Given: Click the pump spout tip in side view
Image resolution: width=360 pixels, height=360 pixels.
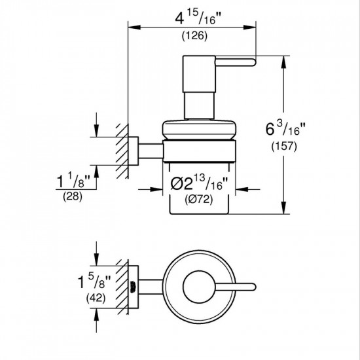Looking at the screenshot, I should point(249,62).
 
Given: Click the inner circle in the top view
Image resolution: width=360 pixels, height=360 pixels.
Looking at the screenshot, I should point(196,282).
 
